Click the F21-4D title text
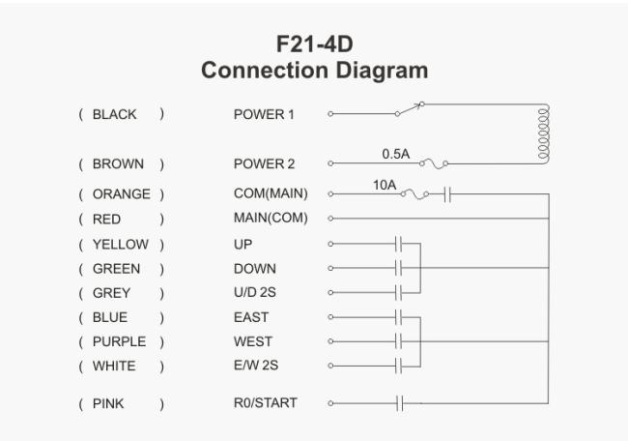(x=314, y=44)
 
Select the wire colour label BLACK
(x=115, y=114)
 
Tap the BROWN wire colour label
(x=118, y=164)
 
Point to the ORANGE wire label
(x=122, y=194)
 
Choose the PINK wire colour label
(x=108, y=403)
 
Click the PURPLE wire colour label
(x=120, y=341)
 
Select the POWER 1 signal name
(x=264, y=115)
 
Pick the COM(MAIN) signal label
(x=271, y=193)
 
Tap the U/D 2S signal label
(x=255, y=292)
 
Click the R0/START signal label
(x=266, y=402)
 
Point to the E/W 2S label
(x=256, y=366)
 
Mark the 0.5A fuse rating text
(x=396, y=154)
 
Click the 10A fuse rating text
(x=385, y=186)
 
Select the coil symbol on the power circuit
(x=544, y=134)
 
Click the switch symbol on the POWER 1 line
(x=410, y=108)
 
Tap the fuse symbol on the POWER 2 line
(x=434, y=163)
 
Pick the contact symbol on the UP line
(x=398, y=244)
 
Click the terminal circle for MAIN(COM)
(x=330, y=219)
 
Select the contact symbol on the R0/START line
(x=400, y=403)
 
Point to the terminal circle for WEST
(x=330, y=341)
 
